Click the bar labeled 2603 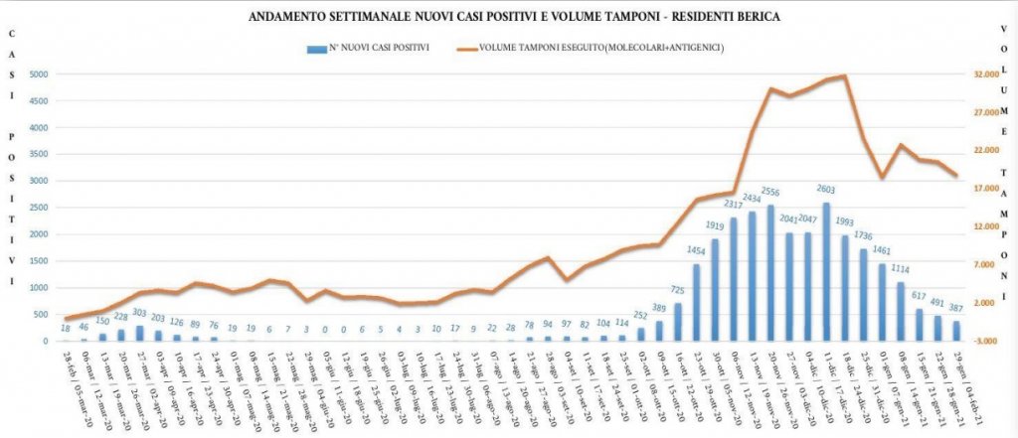click(x=826, y=272)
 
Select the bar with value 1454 click(x=697, y=303)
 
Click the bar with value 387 click(x=956, y=331)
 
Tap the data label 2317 click(x=734, y=206)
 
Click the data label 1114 click(x=901, y=269)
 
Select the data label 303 click(x=139, y=313)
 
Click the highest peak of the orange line click(x=844, y=75)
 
